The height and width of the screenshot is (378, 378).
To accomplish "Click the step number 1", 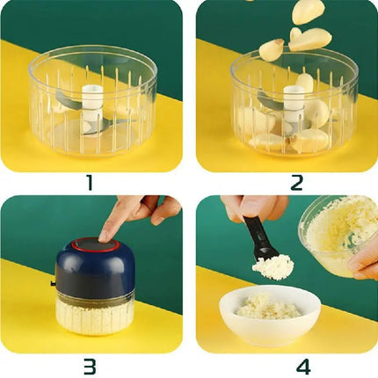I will pos(91,183).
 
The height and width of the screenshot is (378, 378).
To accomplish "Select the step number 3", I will pos(91,366).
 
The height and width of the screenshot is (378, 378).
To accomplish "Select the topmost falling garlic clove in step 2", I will pos(309,11).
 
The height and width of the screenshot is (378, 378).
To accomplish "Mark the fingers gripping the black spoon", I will pos(255,208).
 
